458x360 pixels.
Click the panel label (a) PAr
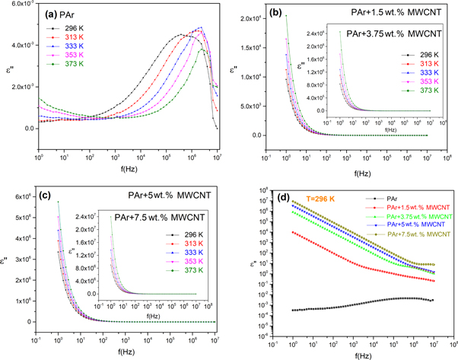pos(60,14)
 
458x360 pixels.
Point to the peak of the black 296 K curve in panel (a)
pos(180,34)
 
